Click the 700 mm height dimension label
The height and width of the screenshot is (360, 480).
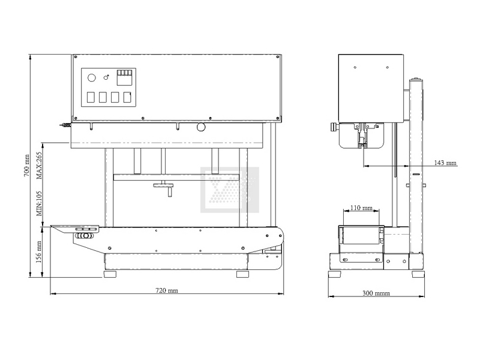(26, 166)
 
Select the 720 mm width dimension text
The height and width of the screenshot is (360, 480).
(167, 290)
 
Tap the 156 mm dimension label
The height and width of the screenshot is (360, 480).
(39, 252)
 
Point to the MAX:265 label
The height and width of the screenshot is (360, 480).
(39, 166)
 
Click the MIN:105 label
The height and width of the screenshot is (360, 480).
(39, 203)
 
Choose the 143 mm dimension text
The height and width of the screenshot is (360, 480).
(445, 163)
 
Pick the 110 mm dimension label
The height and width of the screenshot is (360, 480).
(361, 208)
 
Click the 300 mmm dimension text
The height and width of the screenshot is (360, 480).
(376, 293)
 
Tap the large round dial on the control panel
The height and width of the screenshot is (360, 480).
(92, 78)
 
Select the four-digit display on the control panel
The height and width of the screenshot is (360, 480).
(125, 77)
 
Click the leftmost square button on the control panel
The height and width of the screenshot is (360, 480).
(91, 97)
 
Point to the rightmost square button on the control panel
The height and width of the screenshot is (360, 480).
(127, 97)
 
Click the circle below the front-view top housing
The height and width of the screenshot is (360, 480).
(201, 127)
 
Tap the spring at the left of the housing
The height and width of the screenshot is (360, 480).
(65, 125)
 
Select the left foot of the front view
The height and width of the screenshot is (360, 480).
(110, 274)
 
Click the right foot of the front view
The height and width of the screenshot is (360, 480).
(243, 274)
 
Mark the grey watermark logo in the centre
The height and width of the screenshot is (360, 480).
(230, 190)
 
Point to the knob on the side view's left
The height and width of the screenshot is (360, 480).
(334, 127)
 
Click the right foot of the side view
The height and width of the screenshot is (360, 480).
(418, 274)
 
